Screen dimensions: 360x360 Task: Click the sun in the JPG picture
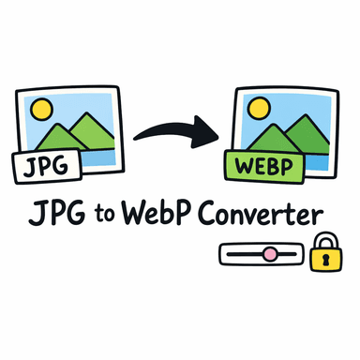point(42,110)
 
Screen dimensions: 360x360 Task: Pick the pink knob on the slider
point(269,253)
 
